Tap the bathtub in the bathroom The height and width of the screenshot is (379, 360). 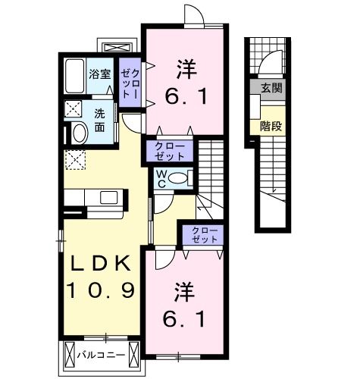74,76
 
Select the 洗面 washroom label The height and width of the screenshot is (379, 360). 99,119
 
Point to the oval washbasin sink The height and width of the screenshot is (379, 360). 77,134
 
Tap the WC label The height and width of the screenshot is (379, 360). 161,179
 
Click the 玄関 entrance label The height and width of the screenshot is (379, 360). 271,88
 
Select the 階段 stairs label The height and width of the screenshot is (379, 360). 271,126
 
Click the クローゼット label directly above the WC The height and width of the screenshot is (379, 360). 169,150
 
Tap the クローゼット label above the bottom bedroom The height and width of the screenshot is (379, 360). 201,233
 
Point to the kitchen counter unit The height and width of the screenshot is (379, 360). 95,197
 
